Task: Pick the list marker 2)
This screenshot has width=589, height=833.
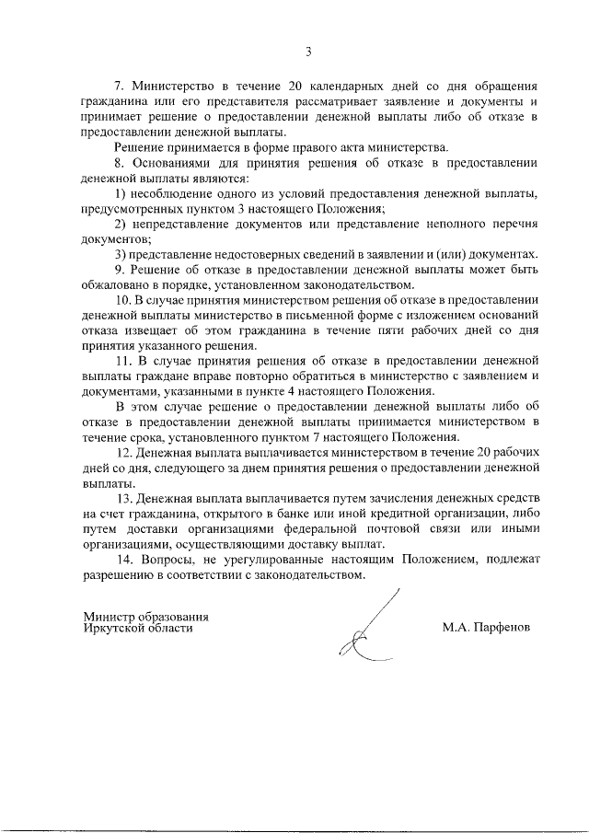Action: (121, 225)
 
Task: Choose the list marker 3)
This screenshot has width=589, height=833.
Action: (121, 255)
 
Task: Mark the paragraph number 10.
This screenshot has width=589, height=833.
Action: (123, 300)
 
